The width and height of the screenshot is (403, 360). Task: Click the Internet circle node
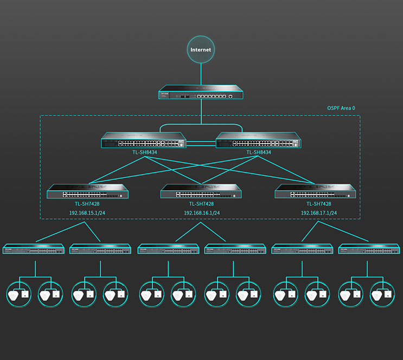point(201,50)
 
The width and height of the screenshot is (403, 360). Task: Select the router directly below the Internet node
point(201,93)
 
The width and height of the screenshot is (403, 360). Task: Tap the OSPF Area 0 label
point(342,108)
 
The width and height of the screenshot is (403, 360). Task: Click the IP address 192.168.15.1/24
point(87,213)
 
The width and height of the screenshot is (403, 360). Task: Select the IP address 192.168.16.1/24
point(201,213)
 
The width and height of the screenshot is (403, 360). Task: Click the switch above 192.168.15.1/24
point(87,191)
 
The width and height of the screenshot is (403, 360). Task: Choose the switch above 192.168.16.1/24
point(201,191)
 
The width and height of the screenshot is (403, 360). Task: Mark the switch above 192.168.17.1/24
point(315,191)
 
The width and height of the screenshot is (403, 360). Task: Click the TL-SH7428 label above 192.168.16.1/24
point(201,204)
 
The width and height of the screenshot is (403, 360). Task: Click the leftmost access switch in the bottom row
point(34,249)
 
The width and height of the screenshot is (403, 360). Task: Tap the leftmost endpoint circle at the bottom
point(20,295)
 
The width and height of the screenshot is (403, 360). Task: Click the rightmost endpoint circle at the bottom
point(383,295)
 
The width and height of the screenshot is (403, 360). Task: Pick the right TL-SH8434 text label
point(259,152)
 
